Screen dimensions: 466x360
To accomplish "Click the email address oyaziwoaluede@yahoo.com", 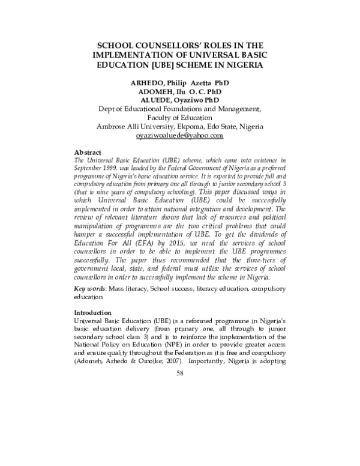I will pyautogui.click(x=180, y=136).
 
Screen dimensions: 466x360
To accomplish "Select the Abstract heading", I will pyautogui.click(x=87, y=153).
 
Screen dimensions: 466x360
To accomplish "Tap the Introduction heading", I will pyautogui.click(x=92, y=313).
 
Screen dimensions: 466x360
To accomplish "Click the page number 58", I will pyautogui.click(x=179, y=373).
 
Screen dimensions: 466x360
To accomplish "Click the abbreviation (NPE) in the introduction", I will pyautogui.click(x=136, y=346).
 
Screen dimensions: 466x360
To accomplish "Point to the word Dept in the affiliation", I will pyautogui.click(x=106, y=109).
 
